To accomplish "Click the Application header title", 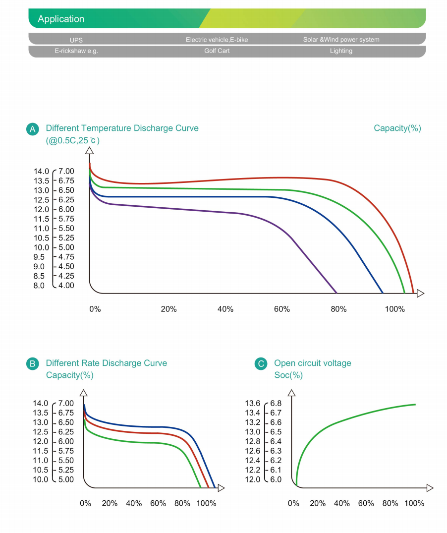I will (x=61, y=19).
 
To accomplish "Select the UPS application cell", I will (x=76, y=40).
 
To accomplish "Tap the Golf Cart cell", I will (x=217, y=51).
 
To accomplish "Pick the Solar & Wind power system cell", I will (x=341, y=40).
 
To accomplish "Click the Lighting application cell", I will (x=341, y=51).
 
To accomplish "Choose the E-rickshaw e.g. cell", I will (x=76, y=51).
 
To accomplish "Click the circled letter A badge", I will (x=32, y=129).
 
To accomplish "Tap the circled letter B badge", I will (x=32, y=364).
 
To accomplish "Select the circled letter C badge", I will (x=261, y=364).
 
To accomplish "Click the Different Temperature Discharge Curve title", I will (x=122, y=128).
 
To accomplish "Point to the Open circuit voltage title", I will (x=312, y=363).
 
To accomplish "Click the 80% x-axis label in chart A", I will (x=338, y=309).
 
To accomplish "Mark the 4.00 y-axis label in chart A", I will (x=66, y=286).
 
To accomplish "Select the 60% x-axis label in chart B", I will (x=158, y=503).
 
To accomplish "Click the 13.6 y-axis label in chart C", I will (x=253, y=404).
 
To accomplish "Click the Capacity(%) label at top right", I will (x=397, y=128).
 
